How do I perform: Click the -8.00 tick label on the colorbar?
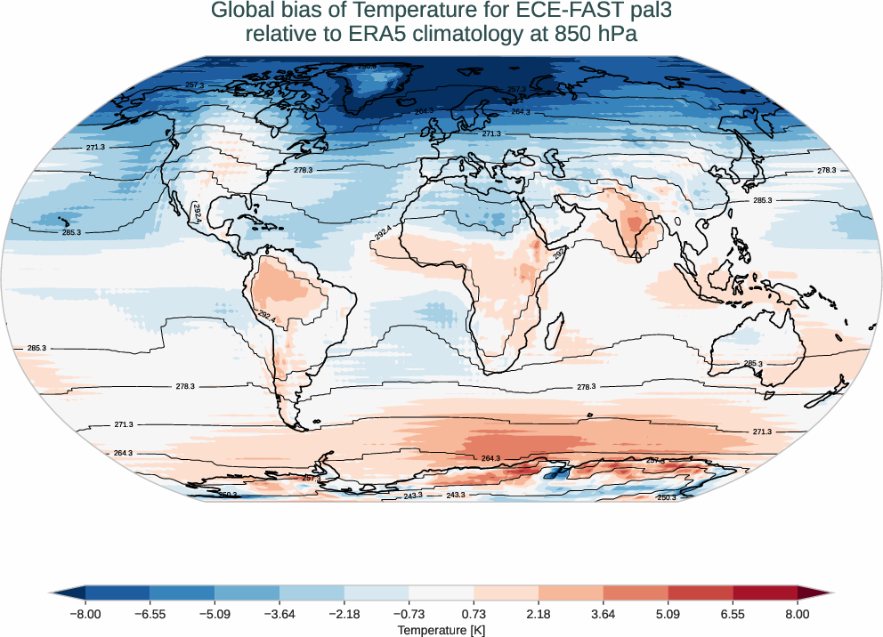tap(85, 614)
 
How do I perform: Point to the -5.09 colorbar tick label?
tap(215, 614)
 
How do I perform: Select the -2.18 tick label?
tap(344, 614)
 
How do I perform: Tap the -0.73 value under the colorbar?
tap(409, 614)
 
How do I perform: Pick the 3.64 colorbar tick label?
tap(604, 614)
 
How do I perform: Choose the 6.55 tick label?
tap(733, 614)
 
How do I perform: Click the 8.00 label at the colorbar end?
tap(798, 614)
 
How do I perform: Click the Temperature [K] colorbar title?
tap(441, 630)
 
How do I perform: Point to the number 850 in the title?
tap(572, 34)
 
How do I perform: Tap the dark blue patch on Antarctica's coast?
tap(555, 472)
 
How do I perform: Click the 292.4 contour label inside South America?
tap(266, 316)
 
